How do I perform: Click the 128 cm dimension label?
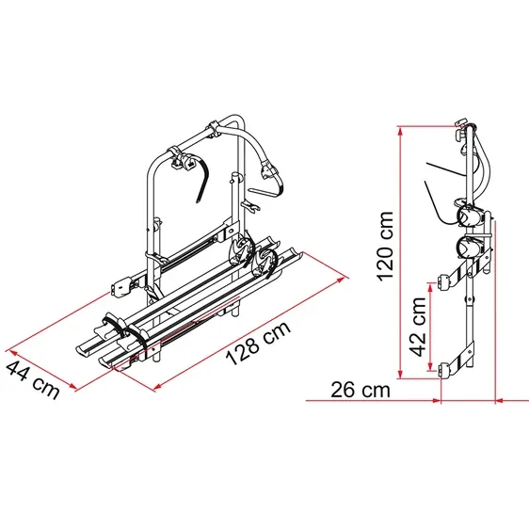pos(258,344)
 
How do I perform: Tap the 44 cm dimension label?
pos(33,379)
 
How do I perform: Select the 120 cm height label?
pos(385,247)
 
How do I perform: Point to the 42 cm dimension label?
pos(418,327)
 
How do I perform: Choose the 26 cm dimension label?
pos(361,390)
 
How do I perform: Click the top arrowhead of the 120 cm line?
pos(400,132)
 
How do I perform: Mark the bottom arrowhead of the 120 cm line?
pos(400,374)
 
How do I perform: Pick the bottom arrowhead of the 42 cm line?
pos(430,366)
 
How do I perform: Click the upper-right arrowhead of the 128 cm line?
pos(342,280)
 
